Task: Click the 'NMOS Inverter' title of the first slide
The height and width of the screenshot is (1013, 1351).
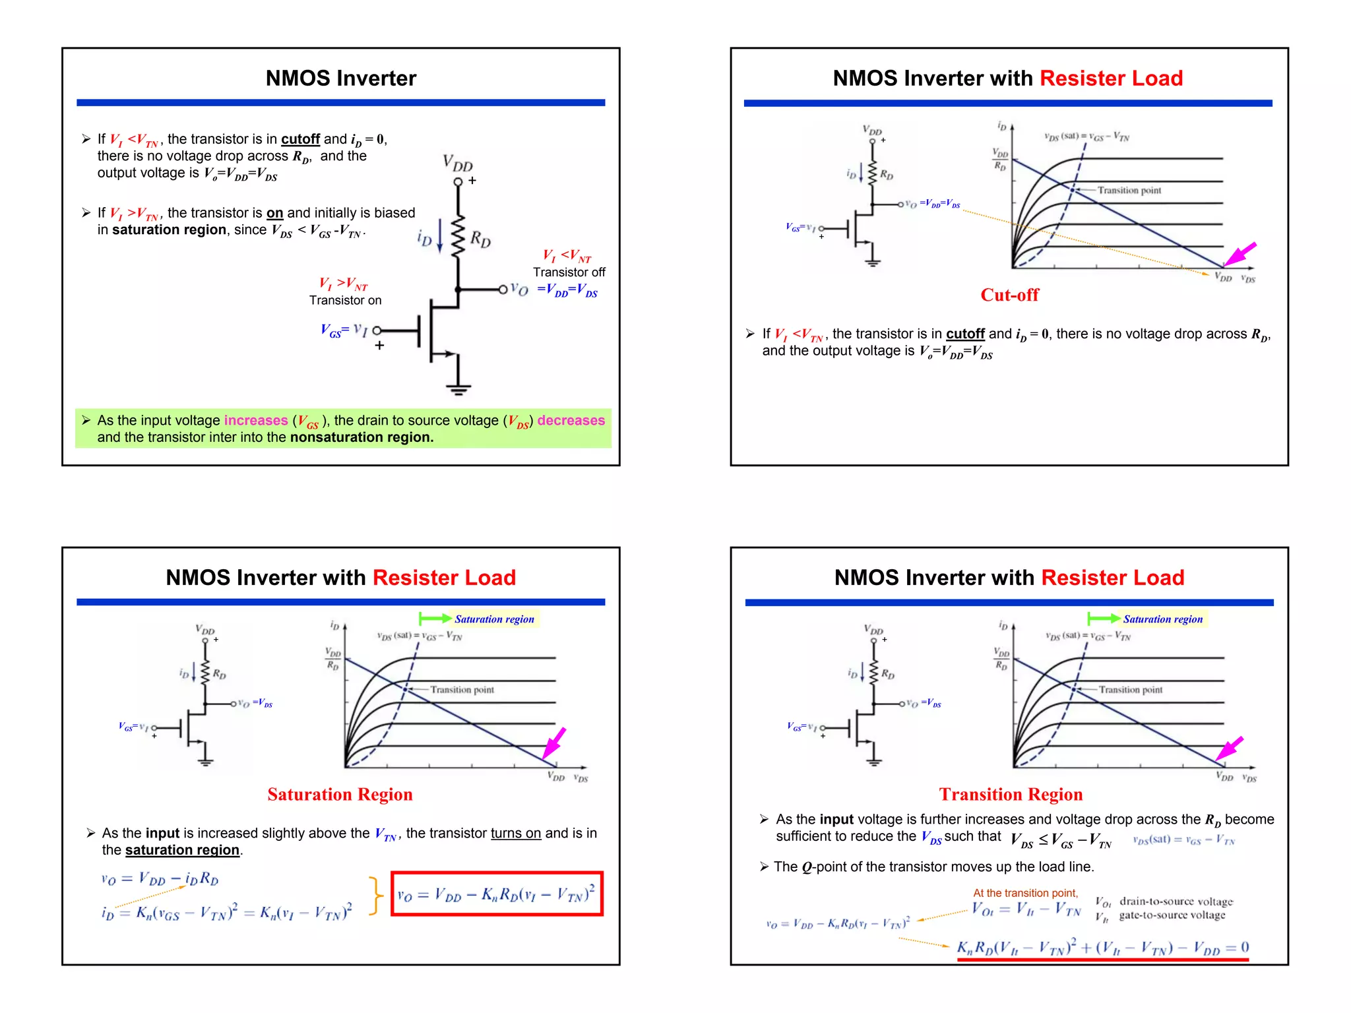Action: click(x=340, y=78)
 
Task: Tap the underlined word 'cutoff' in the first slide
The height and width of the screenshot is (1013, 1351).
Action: click(x=300, y=139)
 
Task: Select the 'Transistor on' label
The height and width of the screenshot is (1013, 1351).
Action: click(x=345, y=301)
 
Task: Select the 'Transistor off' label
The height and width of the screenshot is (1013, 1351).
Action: click(x=569, y=272)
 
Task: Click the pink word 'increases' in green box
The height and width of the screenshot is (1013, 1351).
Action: click(x=256, y=421)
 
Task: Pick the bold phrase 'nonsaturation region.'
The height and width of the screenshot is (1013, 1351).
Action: click(x=361, y=438)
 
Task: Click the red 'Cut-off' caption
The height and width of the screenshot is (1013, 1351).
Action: click(x=1009, y=295)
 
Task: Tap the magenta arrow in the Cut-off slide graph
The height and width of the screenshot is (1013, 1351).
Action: click(x=1240, y=254)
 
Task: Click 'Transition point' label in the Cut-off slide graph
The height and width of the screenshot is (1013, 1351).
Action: click(x=1129, y=191)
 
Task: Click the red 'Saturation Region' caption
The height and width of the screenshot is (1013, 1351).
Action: click(x=340, y=795)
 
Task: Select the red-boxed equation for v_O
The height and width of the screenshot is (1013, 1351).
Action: click(x=497, y=894)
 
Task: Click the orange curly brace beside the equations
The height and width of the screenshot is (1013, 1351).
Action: click(x=375, y=895)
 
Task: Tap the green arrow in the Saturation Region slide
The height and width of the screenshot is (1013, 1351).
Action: click(x=435, y=619)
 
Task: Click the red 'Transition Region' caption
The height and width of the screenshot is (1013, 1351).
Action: click(x=1011, y=795)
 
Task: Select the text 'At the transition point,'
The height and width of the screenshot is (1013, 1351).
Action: click(x=1025, y=893)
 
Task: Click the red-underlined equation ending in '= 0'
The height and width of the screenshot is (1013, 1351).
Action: click(x=1102, y=948)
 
